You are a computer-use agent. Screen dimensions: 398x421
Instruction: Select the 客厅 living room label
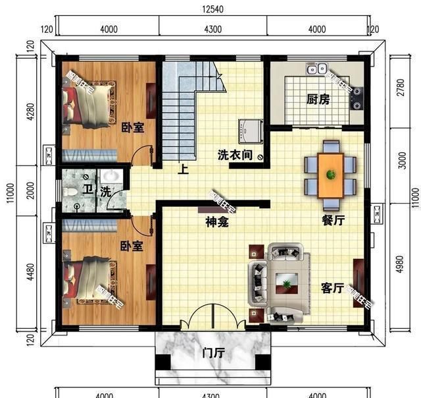[332, 288]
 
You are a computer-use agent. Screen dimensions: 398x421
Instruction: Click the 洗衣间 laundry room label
[235, 156]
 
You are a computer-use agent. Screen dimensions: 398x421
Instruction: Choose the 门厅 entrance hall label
[213, 353]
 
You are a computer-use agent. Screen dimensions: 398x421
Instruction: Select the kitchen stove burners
[358, 98]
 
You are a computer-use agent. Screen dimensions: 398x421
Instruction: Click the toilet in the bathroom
[72, 192]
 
